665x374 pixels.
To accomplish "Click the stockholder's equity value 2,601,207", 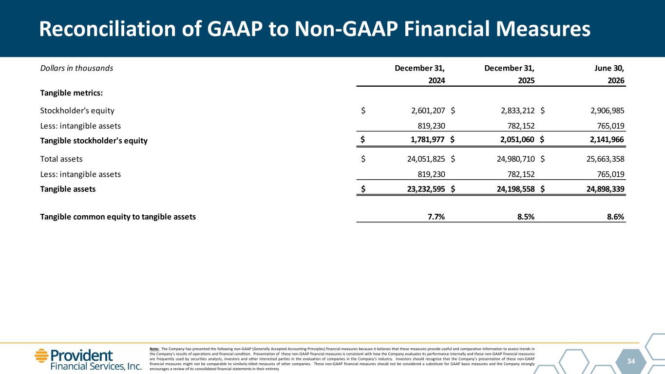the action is [428, 111].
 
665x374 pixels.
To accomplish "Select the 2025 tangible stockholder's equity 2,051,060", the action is [517, 139].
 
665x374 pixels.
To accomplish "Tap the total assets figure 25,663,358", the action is [606, 159].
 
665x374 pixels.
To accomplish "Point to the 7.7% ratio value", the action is [436, 217].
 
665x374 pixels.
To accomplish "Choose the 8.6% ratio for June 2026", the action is [615, 217].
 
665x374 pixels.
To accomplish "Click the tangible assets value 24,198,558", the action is [515, 189].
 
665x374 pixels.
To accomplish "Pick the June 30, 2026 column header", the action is [609, 74].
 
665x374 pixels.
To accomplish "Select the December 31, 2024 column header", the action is [420, 74].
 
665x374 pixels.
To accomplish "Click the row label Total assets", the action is [61, 159].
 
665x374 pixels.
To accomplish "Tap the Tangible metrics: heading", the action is [71, 93].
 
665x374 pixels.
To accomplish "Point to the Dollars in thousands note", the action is [76, 68].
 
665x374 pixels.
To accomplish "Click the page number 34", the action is [631, 361].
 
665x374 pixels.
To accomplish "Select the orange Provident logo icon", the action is [41, 355].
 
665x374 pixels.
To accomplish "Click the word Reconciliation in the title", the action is [107, 29].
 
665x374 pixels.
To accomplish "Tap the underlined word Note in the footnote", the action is [154, 349].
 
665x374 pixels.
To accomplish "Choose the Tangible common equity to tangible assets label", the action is [118, 217].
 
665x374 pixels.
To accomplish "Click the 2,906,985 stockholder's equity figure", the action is [608, 111].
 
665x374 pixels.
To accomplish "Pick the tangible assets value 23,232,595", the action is [426, 189].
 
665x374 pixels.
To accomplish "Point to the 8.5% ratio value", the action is [526, 217].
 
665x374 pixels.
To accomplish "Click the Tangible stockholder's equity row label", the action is [94, 141].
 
